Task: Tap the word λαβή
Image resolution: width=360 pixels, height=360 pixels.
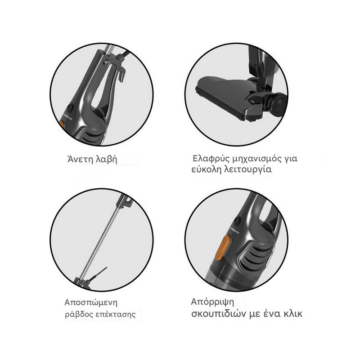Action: point(106,160)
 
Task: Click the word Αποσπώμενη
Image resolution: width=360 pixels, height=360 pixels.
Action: point(91,302)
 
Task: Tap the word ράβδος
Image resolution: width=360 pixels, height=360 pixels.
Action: point(79,314)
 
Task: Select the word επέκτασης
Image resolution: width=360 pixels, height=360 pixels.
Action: point(115,315)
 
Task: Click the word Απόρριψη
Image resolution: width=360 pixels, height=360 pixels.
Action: point(212,302)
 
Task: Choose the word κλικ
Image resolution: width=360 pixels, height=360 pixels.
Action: point(293,314)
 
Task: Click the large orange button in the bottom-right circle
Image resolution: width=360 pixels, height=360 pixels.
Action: point(223,248)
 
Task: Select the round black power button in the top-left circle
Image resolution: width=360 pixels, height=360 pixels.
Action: point(70,107)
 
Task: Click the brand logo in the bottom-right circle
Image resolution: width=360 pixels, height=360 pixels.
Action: point(235,230)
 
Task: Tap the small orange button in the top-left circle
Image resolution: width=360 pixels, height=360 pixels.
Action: point(62,124)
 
